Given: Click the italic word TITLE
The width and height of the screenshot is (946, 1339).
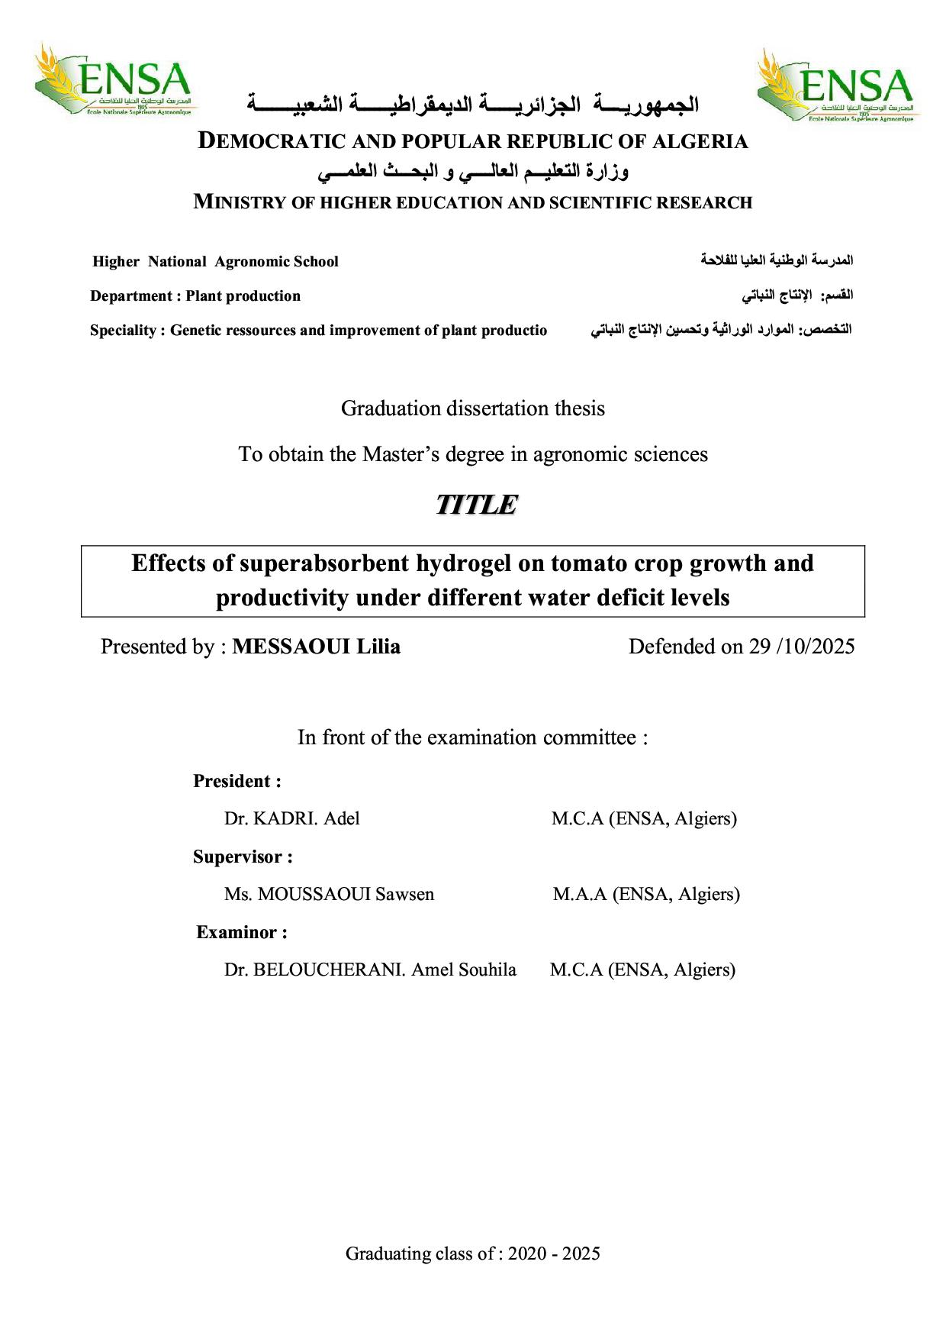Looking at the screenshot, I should (x=476, y=505).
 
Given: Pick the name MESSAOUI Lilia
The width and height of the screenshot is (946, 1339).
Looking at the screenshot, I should (x=316, y=647).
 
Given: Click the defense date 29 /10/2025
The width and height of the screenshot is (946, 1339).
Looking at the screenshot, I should (x=801, y=647).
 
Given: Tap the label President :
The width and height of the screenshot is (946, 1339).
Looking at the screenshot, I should (x=237, y=781).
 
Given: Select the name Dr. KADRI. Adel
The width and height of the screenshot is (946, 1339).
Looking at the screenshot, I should (x=291, y=819).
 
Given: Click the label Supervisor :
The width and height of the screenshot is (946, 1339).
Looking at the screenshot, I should (x=243, y=857).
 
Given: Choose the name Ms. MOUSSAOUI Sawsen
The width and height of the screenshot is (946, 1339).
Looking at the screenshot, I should (x=329, y=894).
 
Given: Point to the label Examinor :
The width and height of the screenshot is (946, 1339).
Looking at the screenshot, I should (x=242, y=932).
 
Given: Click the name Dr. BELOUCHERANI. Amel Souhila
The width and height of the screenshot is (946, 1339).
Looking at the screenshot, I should (x=370, y=970).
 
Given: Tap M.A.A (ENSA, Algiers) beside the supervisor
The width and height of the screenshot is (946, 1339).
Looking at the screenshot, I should (x=646, y=894).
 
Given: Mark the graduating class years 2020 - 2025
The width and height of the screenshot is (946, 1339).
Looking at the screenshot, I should (x=554, y=1253).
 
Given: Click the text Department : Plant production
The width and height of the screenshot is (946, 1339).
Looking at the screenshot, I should (x=195, y=296).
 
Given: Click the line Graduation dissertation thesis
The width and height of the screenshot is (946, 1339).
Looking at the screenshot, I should (x=473, y=408).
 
